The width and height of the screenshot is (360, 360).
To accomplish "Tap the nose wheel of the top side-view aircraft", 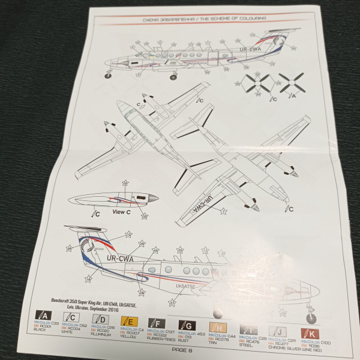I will [109, 75].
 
